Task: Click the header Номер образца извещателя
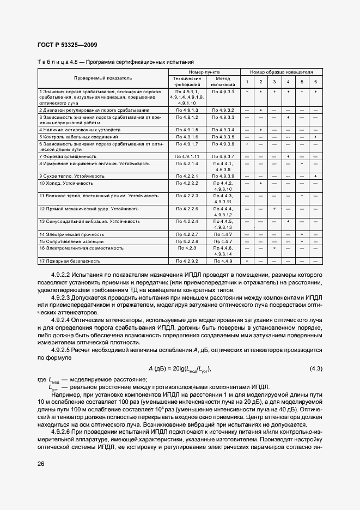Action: [x=281, y=72]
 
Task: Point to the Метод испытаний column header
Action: [x=223, y=82]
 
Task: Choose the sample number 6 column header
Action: [x=315, y=82]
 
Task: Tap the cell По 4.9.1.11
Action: [x=187, y=156]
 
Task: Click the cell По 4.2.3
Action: [x=187, y=248]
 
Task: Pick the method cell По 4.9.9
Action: [x=223, y=262]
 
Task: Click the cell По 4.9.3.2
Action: [x=223, y=110]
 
